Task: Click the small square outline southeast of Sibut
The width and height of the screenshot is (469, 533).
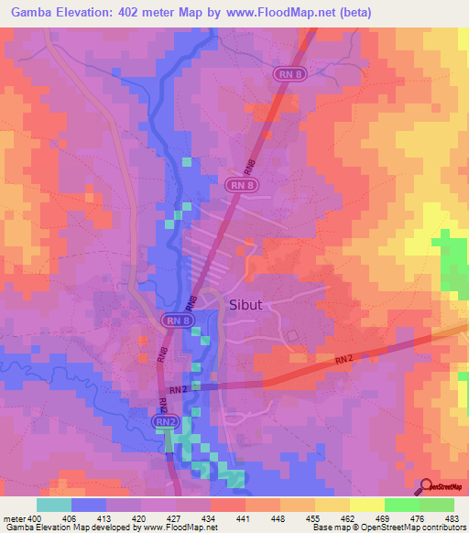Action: (x=293, y=336)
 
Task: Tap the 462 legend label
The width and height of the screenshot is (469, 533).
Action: (x=348, y=518)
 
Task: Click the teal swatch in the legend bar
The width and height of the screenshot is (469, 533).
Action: (x=54, y=505)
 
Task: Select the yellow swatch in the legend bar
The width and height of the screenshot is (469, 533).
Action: (x=366, y=505)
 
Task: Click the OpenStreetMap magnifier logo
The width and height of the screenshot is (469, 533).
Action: (x=425, y=487)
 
